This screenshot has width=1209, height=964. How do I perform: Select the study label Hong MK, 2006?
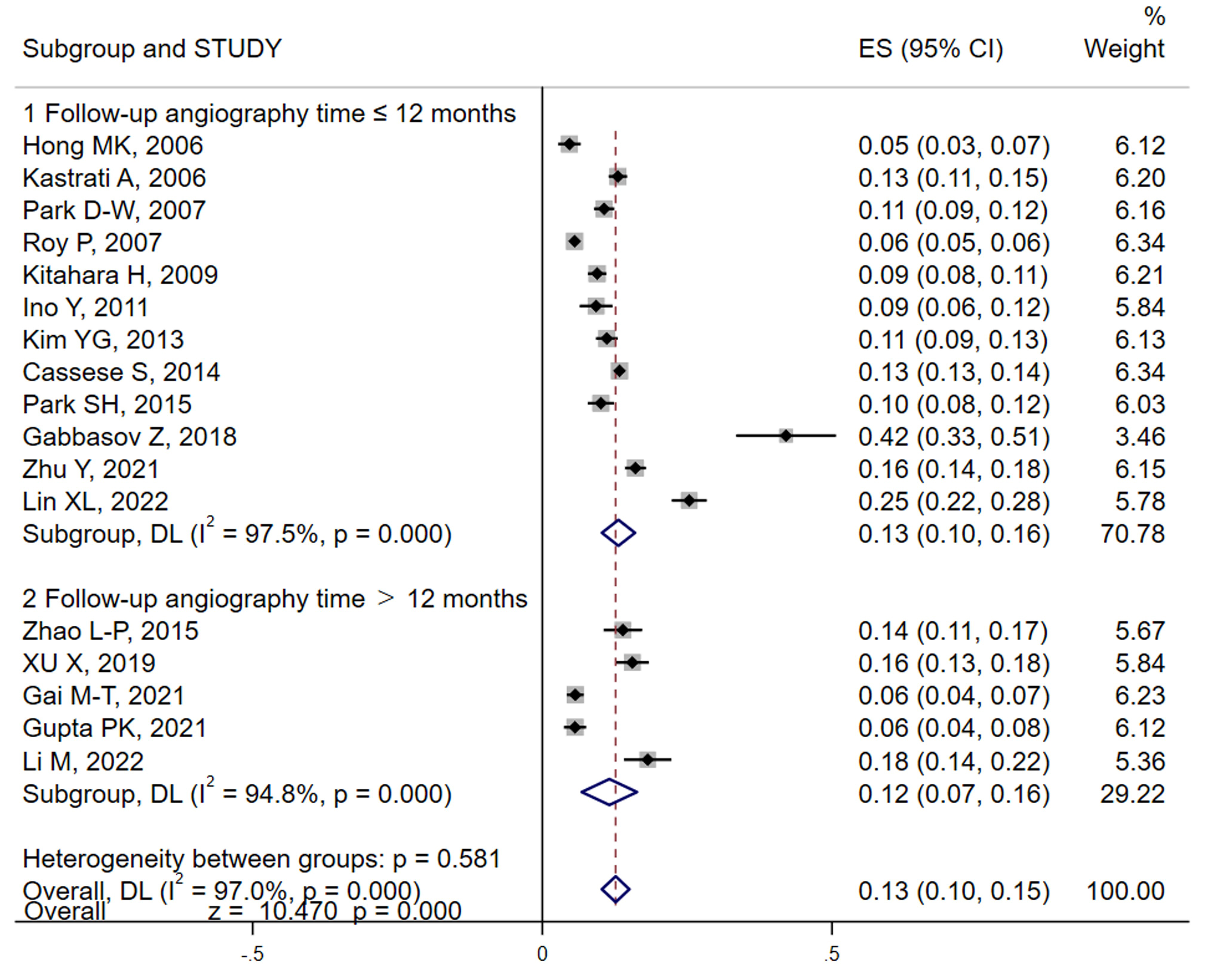(113, 146)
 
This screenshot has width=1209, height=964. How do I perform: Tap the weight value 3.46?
(1139, 437)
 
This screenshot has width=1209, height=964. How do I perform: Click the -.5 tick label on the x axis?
(252, 953)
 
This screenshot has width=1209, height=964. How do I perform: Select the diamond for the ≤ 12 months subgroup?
(618, 533)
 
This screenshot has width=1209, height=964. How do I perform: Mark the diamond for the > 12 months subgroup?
(609, 792)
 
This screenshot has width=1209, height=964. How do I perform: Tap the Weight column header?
(1124, 49)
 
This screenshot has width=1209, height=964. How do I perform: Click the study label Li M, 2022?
(83, 761)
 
